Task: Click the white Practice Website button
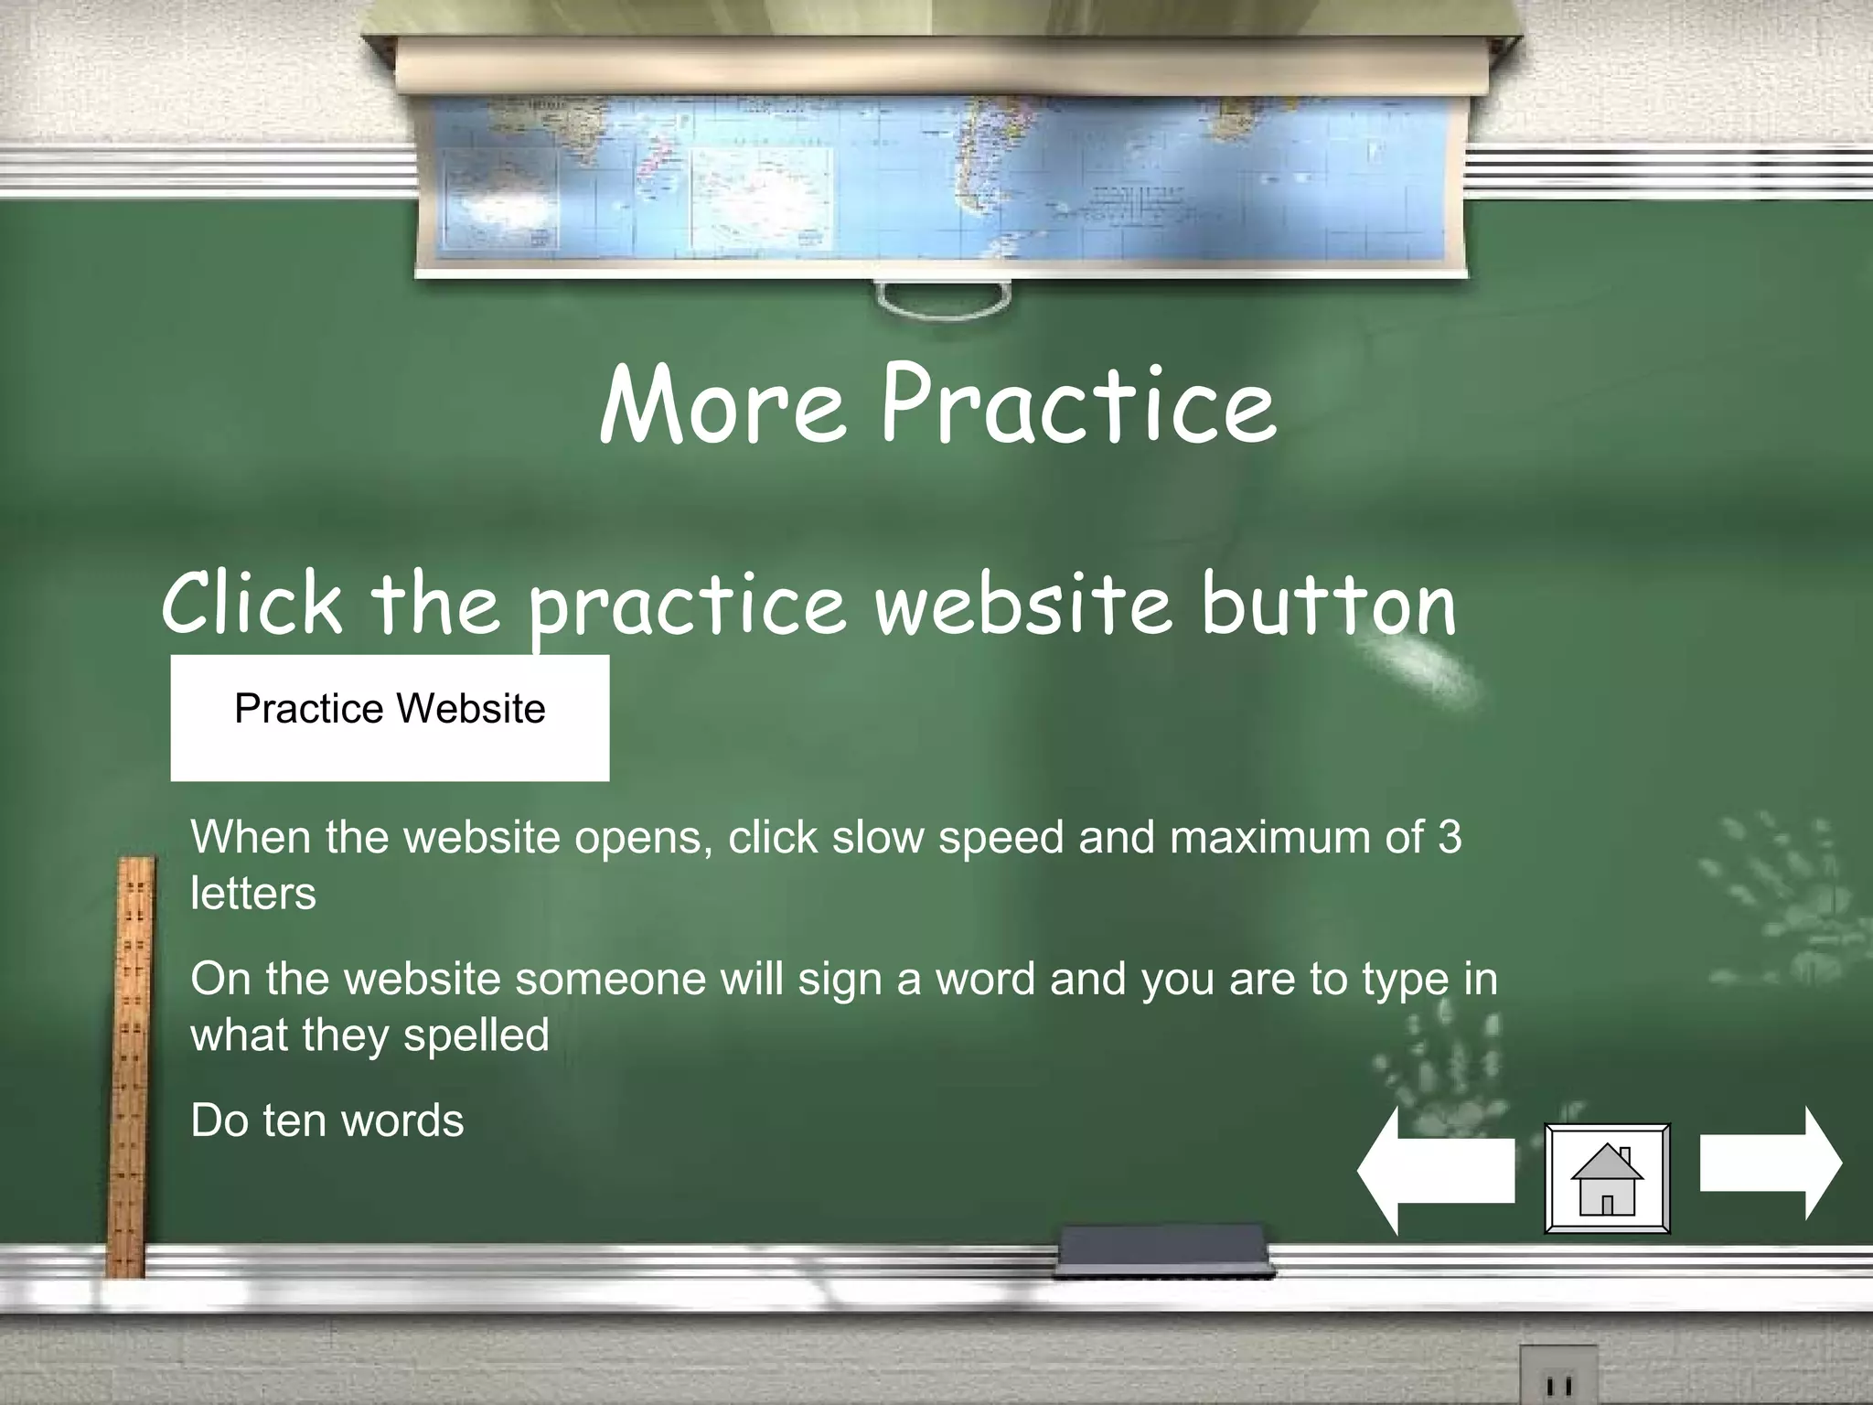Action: coord(390,717)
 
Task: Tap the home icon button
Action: coord(1607,1178)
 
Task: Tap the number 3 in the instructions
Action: coord(1449,837)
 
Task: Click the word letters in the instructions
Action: coord(253,894)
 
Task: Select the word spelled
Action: coord(476,1035)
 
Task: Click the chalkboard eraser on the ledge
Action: coord(1162,1250)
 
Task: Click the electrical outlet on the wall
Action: coord(1558,1378)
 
